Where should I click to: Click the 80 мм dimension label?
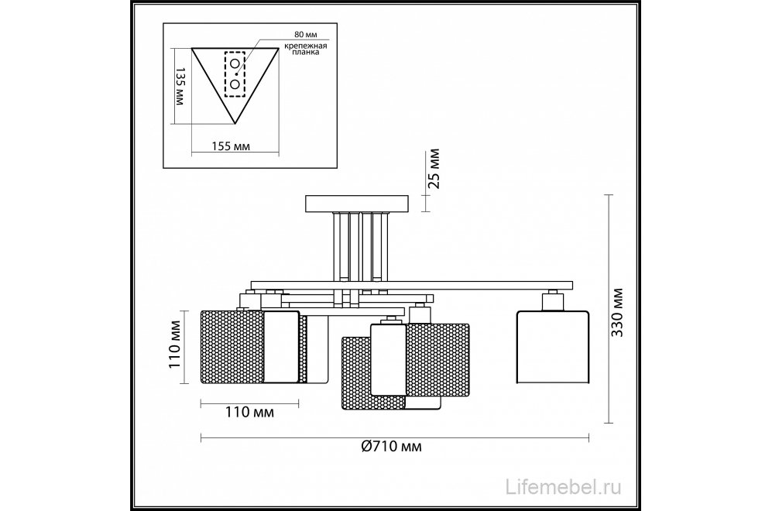click(x=305, y=35)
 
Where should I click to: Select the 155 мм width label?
click(x=231, y=146)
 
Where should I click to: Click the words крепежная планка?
click(x=305, y=49)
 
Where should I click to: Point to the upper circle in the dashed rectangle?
click(x=235, y=63)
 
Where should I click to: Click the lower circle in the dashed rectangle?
click(x=235, y=84)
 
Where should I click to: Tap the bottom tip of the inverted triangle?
click(x=235, y=124)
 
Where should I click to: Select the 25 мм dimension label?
click(x=434, y=168)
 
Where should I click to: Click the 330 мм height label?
click(x=617, y=312)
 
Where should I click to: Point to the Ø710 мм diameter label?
click(x=391, y=447)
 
